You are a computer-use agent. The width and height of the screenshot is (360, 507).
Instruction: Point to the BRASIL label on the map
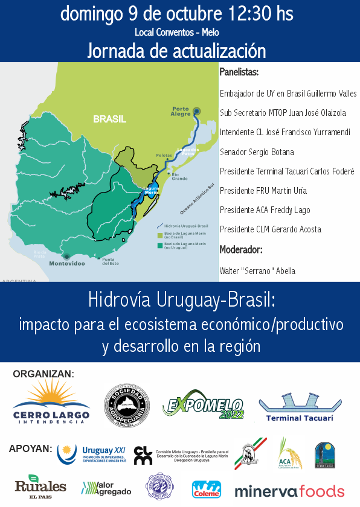[109, 120]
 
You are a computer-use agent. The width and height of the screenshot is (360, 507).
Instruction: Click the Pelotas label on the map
[164, 155]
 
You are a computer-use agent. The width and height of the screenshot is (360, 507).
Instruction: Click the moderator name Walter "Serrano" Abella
[257, 271]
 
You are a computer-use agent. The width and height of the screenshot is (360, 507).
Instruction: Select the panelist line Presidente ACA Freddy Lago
[265, 210]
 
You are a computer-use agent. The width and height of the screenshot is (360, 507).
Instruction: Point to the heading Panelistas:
[239, 73]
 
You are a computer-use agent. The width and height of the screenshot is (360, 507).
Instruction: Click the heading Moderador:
[240, 249]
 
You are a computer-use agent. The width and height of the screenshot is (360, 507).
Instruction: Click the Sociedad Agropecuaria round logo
[127, 406]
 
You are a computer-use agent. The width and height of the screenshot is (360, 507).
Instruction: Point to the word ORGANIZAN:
[43, 374]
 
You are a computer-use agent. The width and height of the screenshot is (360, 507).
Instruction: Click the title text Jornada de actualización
[176, 50]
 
